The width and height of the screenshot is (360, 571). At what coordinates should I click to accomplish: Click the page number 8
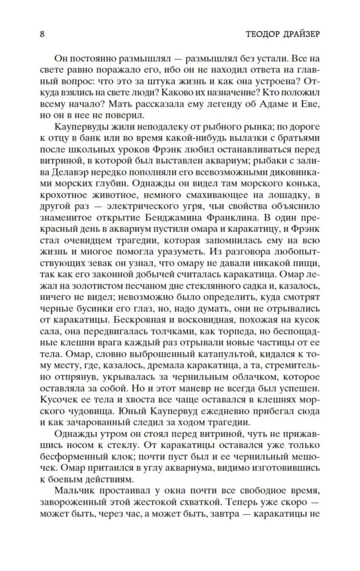tap(42, 34)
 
